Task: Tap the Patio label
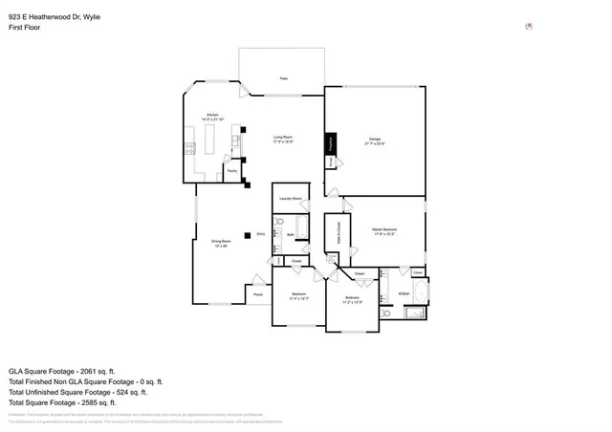click(284, 78)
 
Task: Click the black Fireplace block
click(331, 143)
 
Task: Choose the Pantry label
click(231, 171)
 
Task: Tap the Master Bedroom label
click(384, 230)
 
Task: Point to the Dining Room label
click(220, 243)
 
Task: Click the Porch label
click(258, 294)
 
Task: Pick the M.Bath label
click(404, 293)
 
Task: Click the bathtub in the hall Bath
click(301, 227)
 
